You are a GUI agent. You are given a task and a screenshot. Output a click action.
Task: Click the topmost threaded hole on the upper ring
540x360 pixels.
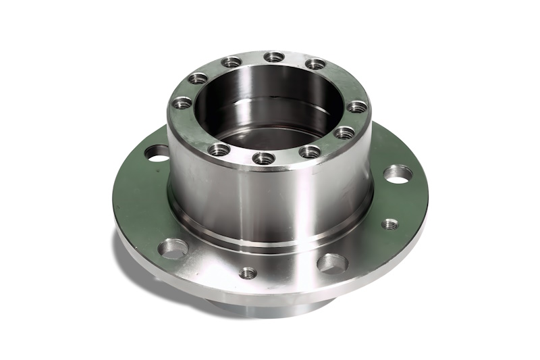pos(273,57)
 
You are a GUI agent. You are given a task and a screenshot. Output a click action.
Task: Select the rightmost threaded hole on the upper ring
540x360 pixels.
pos(357,107)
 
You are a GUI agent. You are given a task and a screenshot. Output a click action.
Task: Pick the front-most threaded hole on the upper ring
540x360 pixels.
pos(263,158)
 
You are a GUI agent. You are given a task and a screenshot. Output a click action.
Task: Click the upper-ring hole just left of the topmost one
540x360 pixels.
pos(232,62)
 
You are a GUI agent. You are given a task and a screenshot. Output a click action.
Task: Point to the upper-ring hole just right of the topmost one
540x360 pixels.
pos(315,64)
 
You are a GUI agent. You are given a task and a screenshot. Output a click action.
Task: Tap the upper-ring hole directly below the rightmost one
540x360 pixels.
pos(344,132)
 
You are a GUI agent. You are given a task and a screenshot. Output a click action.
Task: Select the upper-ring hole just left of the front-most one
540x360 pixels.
pos(219,149)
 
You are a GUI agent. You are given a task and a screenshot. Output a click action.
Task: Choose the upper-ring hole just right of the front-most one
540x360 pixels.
pos(310,151)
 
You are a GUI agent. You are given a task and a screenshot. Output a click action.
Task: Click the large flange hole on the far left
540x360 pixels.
pos(157,153)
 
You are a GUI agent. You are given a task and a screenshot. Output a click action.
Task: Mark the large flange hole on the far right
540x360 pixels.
pos(398,174)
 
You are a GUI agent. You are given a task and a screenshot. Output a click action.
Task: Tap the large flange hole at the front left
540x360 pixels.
pos(173,249)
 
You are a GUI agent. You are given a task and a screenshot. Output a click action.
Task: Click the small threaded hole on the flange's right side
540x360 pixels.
pos(389,224)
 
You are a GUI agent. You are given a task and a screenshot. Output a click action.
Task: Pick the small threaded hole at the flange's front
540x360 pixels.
pos(248,273)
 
